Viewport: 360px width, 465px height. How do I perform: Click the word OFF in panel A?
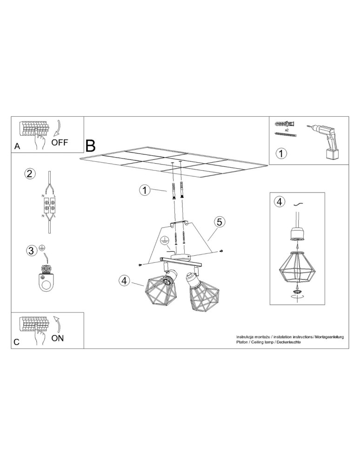click(x=60, y=142)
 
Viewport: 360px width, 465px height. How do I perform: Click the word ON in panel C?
click(x=58, y=338)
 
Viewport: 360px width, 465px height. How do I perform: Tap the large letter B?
click(x=91, y=146)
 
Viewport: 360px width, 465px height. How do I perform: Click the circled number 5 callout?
click(x=220, y=222)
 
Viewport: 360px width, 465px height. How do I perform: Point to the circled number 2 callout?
click(x=29, y=174)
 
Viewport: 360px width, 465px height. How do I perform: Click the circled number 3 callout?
click(x=31, y=251)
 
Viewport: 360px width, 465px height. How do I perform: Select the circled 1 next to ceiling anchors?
click(x=145, y=190)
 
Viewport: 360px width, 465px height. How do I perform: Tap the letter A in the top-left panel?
click(x=17, y=146)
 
